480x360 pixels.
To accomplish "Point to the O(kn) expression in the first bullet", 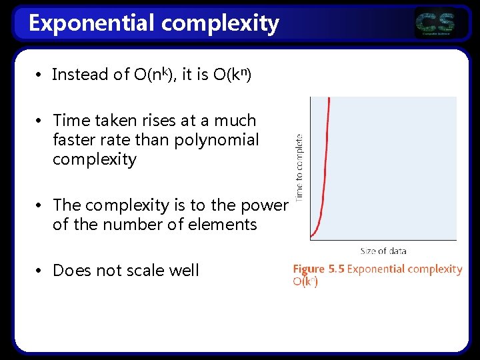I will pyautogui.click(x=232, y=74).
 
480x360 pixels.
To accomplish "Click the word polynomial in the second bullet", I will pyautogui.click(x=217, y=140).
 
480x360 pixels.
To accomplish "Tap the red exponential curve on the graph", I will pyautogui.click(x=324, y=167).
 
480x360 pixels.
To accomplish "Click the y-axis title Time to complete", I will pyautogui.click(x=300, y=167).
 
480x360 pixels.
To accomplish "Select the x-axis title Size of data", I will pyautogui.click(x=383, y=251).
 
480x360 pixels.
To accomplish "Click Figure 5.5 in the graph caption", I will pyautogui.click(x=318, y=269).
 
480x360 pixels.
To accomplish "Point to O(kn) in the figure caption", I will pyautogui.click(x=305, y=281).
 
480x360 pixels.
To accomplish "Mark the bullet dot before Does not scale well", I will pyautogui.click(x=40, y=270).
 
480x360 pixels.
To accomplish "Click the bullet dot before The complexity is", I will pyautogui.click(x=40, y=205).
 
